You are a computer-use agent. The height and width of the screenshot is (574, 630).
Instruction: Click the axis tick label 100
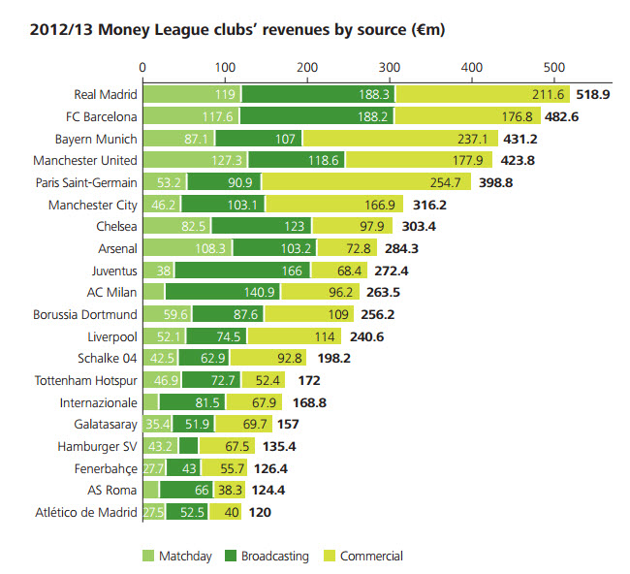pyautogui.click(x=225, y=68)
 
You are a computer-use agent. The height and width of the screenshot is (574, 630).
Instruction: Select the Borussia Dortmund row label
pyautogui.click(x=83, y=315)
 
